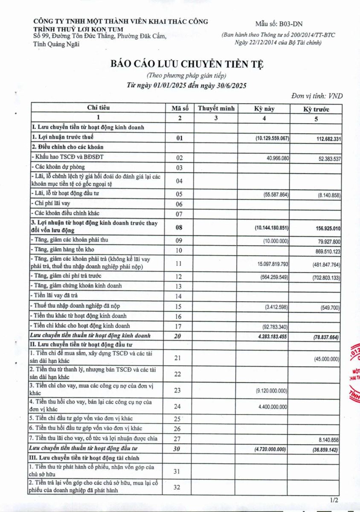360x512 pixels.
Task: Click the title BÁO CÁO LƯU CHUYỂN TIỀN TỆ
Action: click(187, 64)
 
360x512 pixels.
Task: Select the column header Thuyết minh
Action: click(216, 108)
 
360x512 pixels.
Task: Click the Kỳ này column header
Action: click(264, 109)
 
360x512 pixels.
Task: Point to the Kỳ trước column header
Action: click(316, 109)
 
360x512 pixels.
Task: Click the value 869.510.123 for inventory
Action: click(322, 250)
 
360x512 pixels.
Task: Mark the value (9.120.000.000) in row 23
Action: click(271, 391)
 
